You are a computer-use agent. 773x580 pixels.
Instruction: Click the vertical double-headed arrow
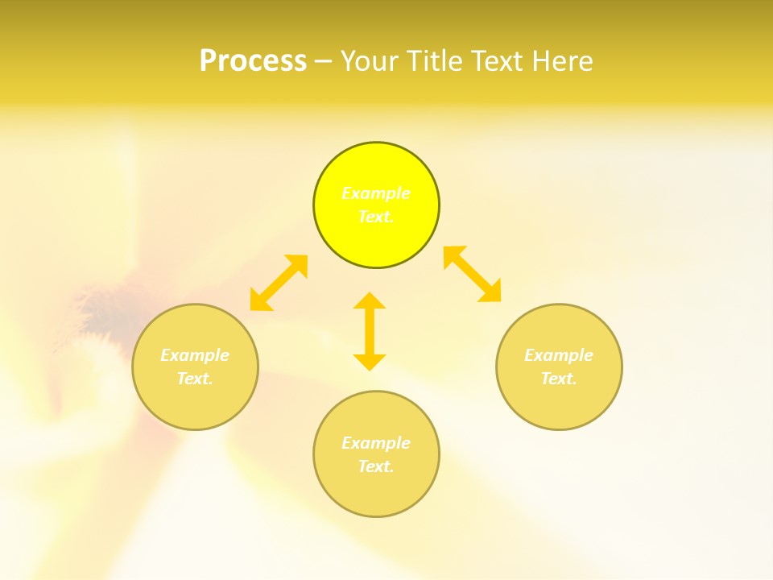coord(370,331)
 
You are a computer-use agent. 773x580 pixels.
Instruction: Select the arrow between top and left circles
coord(279,283)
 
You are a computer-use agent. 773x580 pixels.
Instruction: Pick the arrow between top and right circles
coord(473,274)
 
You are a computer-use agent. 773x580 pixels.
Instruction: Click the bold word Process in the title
coord(253,60)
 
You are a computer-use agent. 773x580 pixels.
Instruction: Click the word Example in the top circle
coord(376,193)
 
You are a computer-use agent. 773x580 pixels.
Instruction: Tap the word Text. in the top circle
coord(376,217)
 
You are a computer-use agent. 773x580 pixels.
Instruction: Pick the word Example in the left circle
coord(195,355)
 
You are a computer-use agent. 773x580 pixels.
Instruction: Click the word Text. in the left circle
coord(195,379)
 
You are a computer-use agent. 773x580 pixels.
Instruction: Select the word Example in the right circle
coord(559,355)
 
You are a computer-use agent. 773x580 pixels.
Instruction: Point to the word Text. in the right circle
coord(559,379)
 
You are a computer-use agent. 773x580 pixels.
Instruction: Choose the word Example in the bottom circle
coord(376,443)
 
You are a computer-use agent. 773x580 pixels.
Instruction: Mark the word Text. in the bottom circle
coord(376,466)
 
